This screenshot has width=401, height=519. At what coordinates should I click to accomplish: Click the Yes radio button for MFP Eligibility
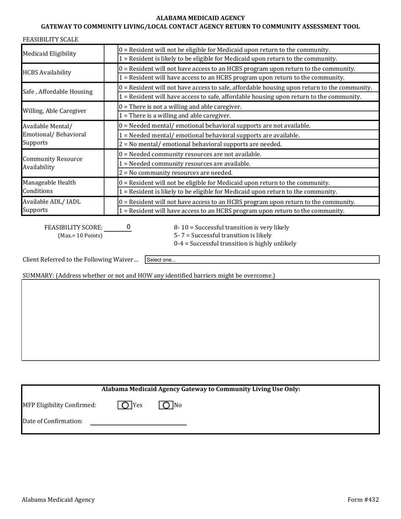pyautogui.click(x=125, y=405)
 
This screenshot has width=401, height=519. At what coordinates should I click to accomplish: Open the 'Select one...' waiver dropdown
pyautogui.click(x=262, y=260)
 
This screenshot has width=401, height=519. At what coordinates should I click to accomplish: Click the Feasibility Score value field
pyautogui.click(x=118, y=227)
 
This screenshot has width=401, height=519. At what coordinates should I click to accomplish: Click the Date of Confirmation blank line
pyautogui.click(x=138, y=421)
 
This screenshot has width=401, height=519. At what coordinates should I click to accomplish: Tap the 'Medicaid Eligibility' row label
pyautogui.click(x=49, y=54)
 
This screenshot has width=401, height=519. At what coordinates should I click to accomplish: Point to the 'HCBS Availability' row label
pyautogui.click(x=47, y=73)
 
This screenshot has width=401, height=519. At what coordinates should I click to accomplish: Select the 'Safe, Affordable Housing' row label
pyautogui.click(x=57, y=92)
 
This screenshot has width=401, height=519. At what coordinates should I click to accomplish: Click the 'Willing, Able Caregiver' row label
pyautogui.click(x=54, y=111)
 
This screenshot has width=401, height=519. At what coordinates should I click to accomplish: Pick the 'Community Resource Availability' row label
pyautogui.click(x=52, y=163)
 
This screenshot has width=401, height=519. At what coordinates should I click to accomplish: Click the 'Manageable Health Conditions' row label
pyautogui.click(x=49, y=187)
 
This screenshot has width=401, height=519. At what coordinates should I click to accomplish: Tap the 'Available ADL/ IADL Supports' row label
pyautogui.click(x=51, y=205)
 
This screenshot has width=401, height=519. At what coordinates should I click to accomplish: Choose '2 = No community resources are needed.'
pyautogui.click(x=176, y=173)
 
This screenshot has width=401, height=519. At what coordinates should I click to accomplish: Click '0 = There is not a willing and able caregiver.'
pyautogui.click(x=180, y=107)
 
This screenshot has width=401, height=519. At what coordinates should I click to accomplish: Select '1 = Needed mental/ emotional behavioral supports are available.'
pyautogui.click(x=209, y=135)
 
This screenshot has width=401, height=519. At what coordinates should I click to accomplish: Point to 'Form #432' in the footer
pyautogui.click(x=363, y=500)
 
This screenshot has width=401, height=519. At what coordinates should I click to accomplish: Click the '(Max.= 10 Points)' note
pyautogui.click(x=80, y=235)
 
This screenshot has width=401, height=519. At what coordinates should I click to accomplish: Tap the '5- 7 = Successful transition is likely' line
pyautogui.click(x=222, y=235)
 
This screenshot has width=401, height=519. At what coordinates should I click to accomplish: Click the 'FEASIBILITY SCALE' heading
pyautogui.click(x=50, y=39)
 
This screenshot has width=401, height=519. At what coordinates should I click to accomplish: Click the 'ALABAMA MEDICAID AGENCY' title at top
pyautogui.click(x=200, y=18)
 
